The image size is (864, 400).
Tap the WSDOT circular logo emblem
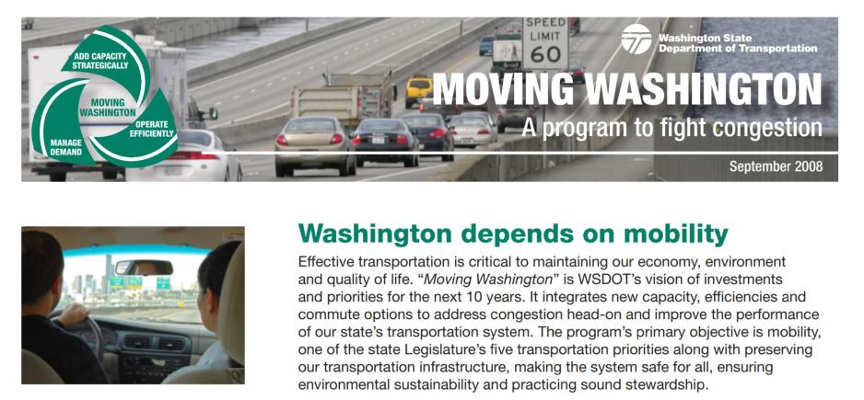coord(636,39)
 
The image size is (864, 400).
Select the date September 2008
coord(776,166)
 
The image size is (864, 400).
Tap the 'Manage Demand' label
coord(66,147)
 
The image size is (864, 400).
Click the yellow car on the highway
coord(420,89)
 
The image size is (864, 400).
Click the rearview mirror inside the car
coord(144,267)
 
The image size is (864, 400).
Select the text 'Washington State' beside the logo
coord(692,38)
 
